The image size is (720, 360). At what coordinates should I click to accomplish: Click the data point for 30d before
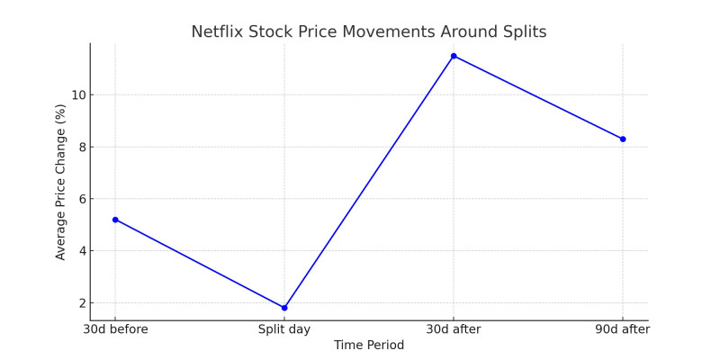coord(115,220)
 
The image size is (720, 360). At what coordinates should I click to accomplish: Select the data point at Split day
coord(284,308)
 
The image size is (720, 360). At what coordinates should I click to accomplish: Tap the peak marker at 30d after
coord(454,56)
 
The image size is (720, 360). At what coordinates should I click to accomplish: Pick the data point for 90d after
coord(623,139)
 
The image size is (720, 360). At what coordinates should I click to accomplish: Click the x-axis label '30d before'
coord(115,329)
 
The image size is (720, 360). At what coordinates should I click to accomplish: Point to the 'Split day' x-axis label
coord(284,329)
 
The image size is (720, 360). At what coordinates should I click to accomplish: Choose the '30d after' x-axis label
coord(454,329)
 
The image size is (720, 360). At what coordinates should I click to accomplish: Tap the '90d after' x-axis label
coord(623,329)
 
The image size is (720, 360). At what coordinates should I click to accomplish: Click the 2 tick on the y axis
coord(80,303)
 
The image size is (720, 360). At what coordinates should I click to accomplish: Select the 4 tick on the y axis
coord(80,251)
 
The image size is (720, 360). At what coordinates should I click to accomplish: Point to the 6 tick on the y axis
coord(80,199)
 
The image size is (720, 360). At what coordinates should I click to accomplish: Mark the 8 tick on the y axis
coord(80,148)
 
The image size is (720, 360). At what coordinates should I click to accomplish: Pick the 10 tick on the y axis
coord(77,95)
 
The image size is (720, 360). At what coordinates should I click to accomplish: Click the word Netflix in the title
coord(218,32)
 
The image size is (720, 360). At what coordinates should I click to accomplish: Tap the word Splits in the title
coord(524,32)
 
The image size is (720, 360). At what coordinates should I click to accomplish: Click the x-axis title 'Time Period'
coord(369,346)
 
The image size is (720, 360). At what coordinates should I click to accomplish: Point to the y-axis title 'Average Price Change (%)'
coord(61,182)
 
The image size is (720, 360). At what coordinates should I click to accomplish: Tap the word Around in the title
coord(471,32)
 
